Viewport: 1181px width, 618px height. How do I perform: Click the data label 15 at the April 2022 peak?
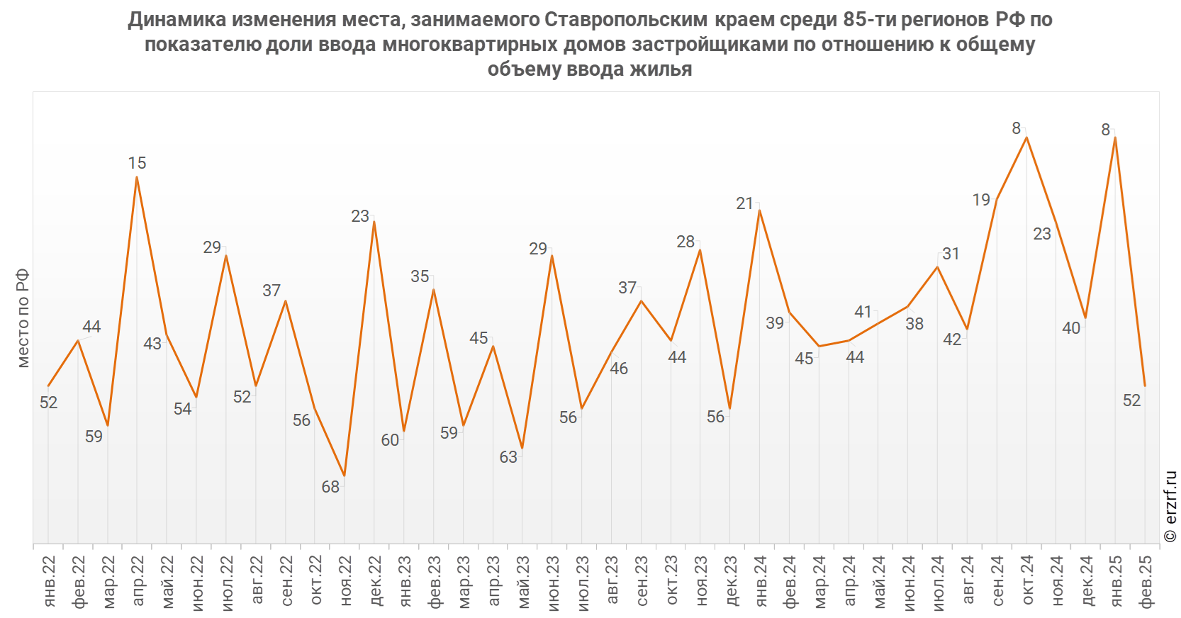pyautogui.click(x=137, y=163)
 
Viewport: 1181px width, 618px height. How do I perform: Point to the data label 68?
pyautogui.click(x=330, y=487)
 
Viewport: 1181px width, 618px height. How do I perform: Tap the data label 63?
pyautogui.click(x=508, y=457)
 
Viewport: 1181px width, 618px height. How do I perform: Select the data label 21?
pyautogui.click(x=744, y=203)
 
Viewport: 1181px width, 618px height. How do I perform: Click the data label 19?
pyautogui.click(x=981, y=200)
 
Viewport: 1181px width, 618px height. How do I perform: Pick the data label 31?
pyautogui.click(x=951, y=254)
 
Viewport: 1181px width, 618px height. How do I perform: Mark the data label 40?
pyautogui.click(x=1071, y=328)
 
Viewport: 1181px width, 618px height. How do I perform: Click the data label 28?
pyautogui.click(x=685, y=242)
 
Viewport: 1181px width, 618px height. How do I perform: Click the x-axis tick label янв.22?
pyautogui.click(x=48, y=581)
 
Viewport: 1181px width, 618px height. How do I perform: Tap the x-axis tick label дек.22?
pyautogui.click(x=375, y=581)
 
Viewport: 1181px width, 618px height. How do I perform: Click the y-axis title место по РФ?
pyautogui.click(x=23, y=318)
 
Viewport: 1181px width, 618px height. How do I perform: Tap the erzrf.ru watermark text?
pyautogui.click(x=1170, y=507)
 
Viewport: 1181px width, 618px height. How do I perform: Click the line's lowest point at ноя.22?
pyautogui.click(x=345, y=476)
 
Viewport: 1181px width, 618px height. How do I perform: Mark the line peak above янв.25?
pyautogui.click(x=1116, y=137)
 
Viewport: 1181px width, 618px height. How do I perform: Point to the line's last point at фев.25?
pyautogui.click(x=1145, y=386)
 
